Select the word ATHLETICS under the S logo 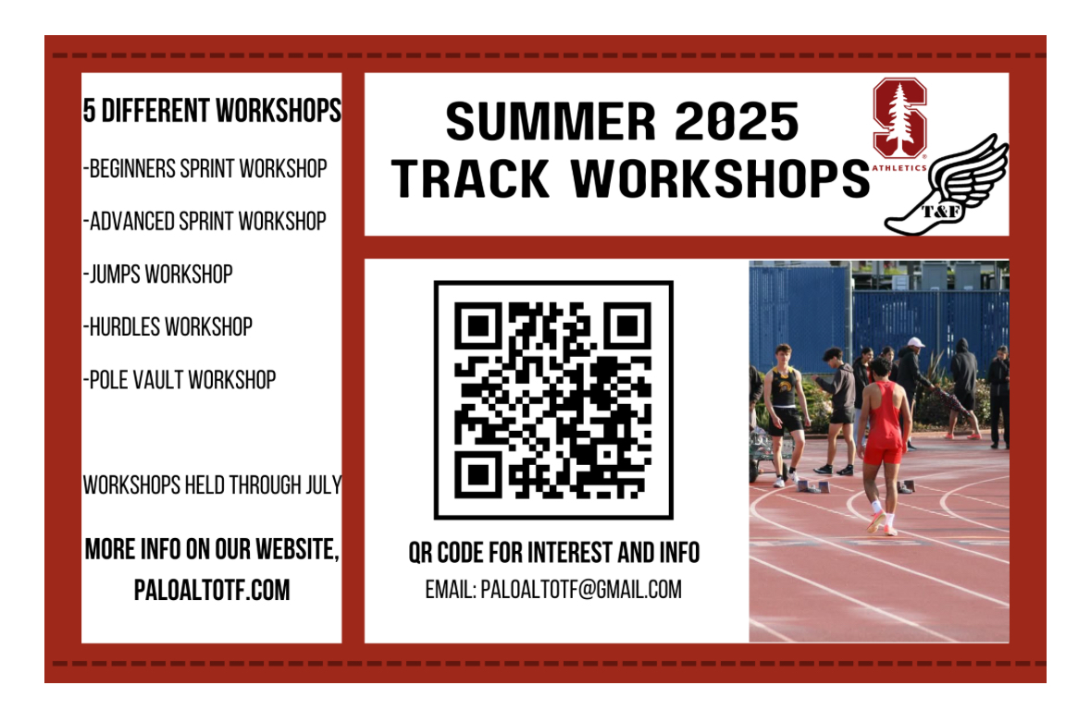[x=899, y=167]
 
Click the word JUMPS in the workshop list [x=115, y=274]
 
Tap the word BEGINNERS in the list [x=132, y=168]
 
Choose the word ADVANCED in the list [x=131, y=221]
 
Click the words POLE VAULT [x=136, y=379]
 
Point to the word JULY [x=324, y=484]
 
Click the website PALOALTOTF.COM [x=212, y=590]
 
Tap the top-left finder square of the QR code [x=477, y=325]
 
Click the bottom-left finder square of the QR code [x=477, y=474]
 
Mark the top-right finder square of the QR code [x=627, y=325]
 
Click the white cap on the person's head [x=916, y=343]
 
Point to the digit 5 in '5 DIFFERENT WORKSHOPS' [x=89, y=111]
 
